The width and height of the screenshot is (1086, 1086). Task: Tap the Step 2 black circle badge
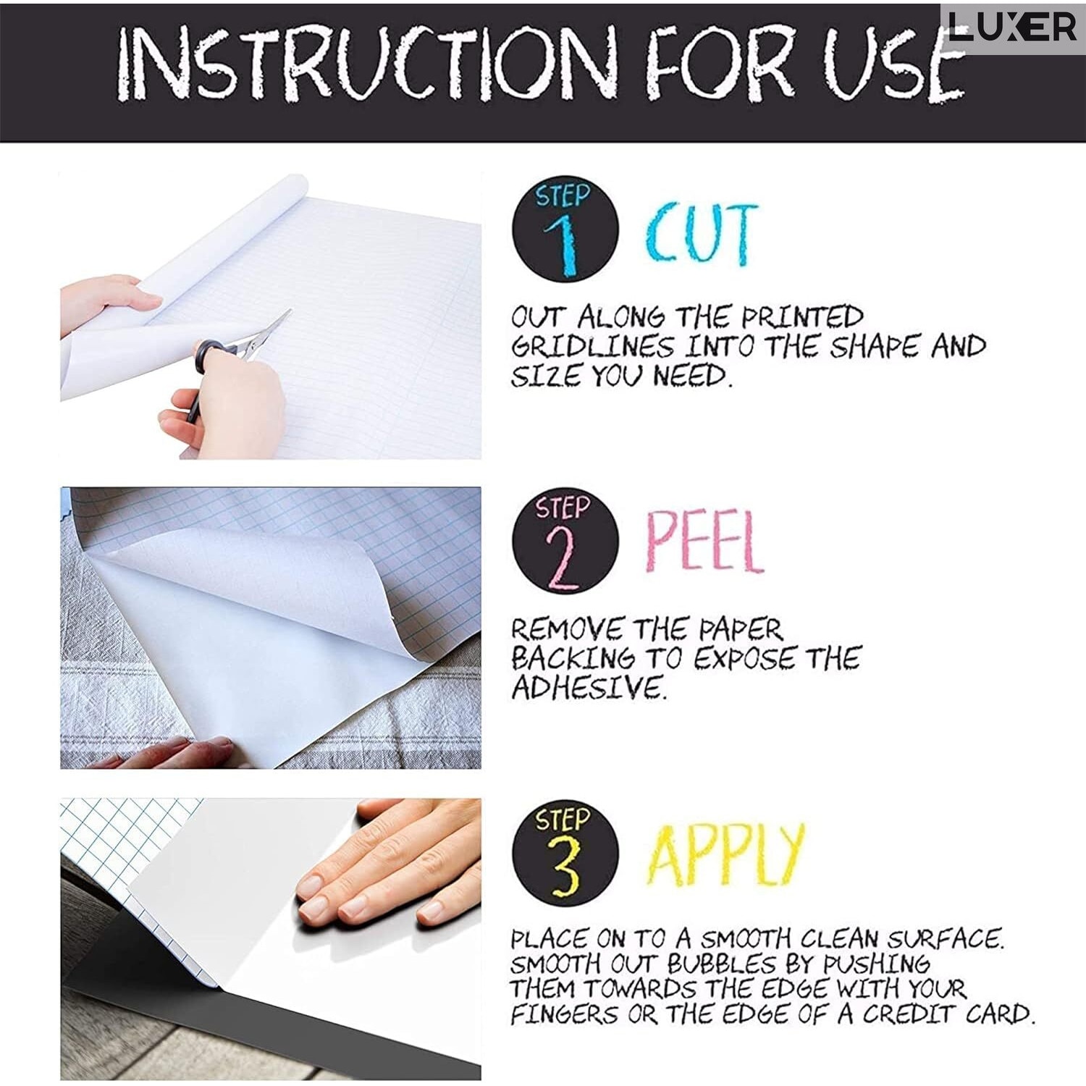coord(565,542)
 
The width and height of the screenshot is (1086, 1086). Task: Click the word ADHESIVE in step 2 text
coord(587,687)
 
